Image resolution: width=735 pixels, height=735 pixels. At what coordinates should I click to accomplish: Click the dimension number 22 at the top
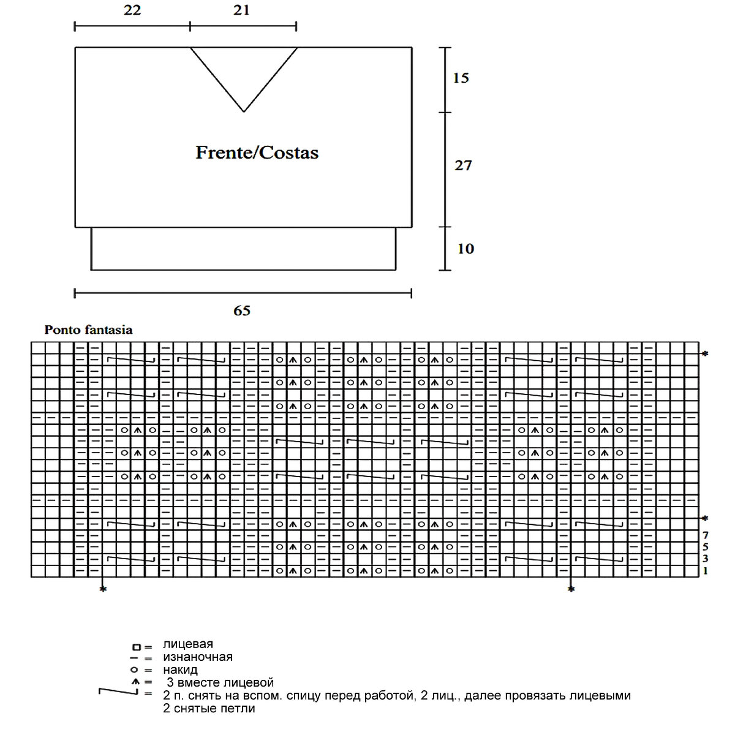pos(132,10)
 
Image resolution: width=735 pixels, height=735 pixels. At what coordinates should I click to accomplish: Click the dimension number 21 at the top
pos(241,10)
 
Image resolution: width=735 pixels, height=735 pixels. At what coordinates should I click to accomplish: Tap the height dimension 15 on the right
pos(461,78)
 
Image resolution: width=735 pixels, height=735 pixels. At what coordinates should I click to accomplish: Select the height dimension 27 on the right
pos(463,165)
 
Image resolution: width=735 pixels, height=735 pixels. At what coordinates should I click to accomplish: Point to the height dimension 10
pos(465,249)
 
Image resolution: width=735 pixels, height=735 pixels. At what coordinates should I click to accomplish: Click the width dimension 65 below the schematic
pos(242,311)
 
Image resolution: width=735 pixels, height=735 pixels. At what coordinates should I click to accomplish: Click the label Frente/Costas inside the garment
pos(257,153)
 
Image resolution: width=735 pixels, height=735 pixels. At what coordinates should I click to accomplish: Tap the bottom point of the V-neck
pos(244,111)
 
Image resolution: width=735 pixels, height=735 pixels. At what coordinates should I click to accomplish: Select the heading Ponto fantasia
pos(88,330)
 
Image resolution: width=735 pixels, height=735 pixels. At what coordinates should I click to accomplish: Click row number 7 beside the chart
pos(706,535)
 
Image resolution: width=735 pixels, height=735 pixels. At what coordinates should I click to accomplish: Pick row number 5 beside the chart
pos(706,546)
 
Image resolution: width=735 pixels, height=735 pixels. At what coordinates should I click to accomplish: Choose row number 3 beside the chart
pos(706,559)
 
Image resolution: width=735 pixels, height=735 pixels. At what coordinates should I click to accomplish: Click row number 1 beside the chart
pos(706,571)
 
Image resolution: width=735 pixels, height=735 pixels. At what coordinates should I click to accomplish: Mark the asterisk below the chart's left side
pos(103,589)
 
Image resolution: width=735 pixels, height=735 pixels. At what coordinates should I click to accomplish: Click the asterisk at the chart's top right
pos(705,354)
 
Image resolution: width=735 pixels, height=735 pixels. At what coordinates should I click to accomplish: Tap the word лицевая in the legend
pos(188,644)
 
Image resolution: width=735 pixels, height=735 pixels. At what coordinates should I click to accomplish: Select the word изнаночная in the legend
pos(198,657)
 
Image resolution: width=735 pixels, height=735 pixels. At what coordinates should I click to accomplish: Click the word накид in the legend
pos(180,669)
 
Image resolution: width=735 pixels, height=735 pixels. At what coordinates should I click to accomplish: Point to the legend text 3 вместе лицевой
pos(220,682)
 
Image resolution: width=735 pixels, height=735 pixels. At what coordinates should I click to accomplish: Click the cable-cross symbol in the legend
pos(118,692)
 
